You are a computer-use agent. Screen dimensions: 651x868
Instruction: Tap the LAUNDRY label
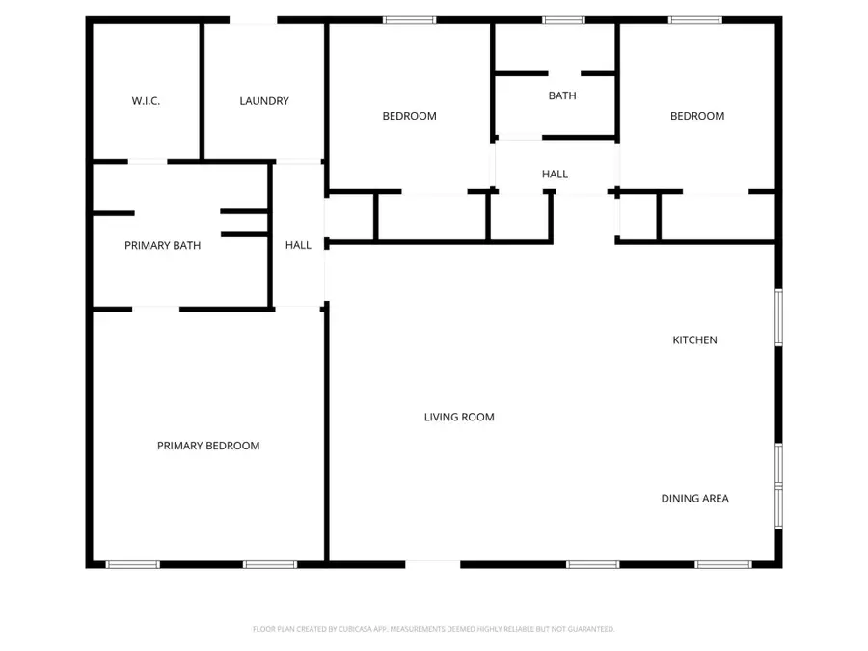click(x=264, y=101)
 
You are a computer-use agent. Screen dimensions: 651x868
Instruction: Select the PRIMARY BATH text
click(x=163, y=246)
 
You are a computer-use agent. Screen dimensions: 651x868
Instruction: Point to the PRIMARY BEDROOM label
click(x=208, y=446)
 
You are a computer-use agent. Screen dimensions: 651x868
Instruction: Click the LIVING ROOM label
click(x=459, y=418)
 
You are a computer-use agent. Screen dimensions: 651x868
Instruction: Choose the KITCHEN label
click(x=694, y=340)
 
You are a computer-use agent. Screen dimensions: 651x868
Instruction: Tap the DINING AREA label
click(x=694, y=499)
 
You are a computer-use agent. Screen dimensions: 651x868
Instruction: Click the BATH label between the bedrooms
click(x=562, y=95)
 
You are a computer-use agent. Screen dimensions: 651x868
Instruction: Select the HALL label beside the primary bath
click(x=298, y=246)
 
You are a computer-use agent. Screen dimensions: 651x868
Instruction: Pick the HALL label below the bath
click(x=555, y=175)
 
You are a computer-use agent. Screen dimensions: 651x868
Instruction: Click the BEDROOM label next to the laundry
click(x=409, y=116)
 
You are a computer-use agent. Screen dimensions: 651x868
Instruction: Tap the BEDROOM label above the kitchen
click(x=697, y=116)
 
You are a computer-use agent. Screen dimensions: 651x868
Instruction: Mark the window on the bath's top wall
click(x=562, y=20)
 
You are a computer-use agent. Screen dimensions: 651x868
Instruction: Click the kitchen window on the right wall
click(x=778, y=317)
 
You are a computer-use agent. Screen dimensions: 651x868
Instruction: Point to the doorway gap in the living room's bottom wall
click(x=433, y=564)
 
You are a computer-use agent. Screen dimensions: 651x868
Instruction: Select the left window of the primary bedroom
click(x=132, y=564)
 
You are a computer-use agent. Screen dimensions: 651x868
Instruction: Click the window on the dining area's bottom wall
click(x=723, y=564)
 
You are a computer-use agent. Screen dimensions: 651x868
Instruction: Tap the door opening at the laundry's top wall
click(x=254, y=20)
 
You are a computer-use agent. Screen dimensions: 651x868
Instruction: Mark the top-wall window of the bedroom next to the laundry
click(x=409, y=20)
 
